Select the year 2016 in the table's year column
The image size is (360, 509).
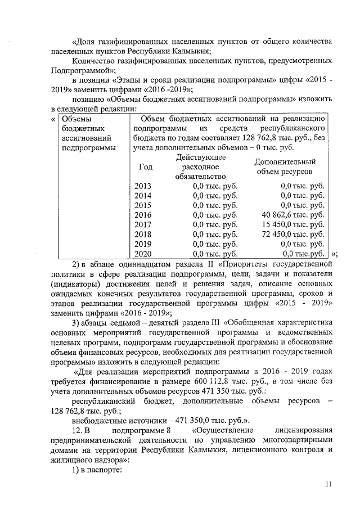pyautogui.click(x=143, y=215)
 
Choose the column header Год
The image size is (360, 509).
pyautogui.click(x=145, y=167)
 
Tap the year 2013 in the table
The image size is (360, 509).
pyautogui.click(x=143, y=186)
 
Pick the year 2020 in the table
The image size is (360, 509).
pyautogui.click(x=143, y=254)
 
